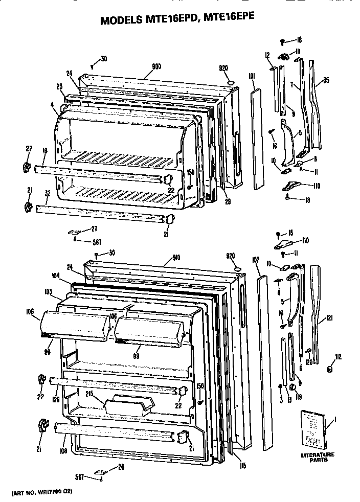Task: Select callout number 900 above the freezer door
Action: (x=157, y=66)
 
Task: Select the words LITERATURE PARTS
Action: (x=317, y=457)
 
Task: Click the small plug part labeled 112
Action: (x=331, y=369)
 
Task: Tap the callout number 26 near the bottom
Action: (x=121, y=466)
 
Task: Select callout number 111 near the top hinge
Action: (x=298, y=51)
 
